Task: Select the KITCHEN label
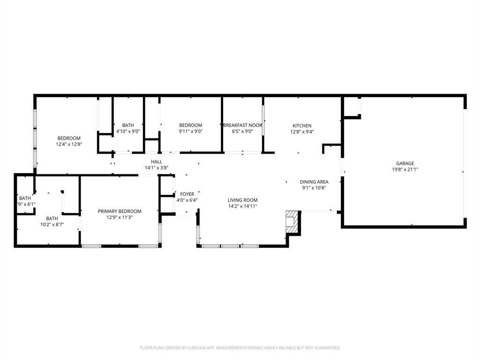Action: point(302,126)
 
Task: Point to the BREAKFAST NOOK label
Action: point(242,125)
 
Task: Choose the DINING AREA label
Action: point(314,182)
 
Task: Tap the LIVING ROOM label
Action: point(242,200)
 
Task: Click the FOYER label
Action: point(187,194)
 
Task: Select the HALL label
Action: point(157,162)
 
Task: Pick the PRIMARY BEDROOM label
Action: point(120,211)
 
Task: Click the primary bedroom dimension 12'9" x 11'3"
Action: point(120,217)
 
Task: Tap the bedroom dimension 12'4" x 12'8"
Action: point(69,144)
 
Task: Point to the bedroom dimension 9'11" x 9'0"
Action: point(191,132)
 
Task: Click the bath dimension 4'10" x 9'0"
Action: point(128,132)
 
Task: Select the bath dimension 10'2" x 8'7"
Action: point(52,225)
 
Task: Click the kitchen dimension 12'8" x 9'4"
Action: point(302,132)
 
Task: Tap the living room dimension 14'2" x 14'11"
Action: point(242,206)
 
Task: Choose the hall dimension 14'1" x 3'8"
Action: point(157,167)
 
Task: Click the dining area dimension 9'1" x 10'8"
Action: point(314,187)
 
